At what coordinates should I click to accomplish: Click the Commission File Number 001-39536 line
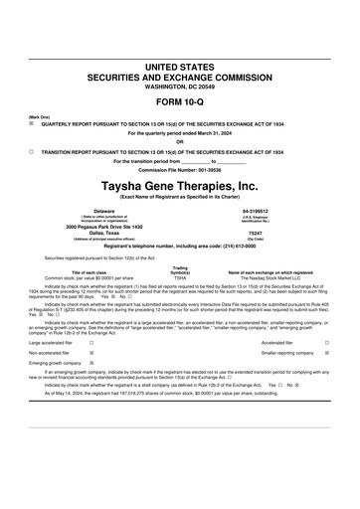tap(179, 169)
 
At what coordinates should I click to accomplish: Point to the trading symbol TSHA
tap(180, 278)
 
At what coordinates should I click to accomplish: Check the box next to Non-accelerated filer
tap(91, 352)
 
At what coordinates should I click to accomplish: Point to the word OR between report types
tap(179, 141)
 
